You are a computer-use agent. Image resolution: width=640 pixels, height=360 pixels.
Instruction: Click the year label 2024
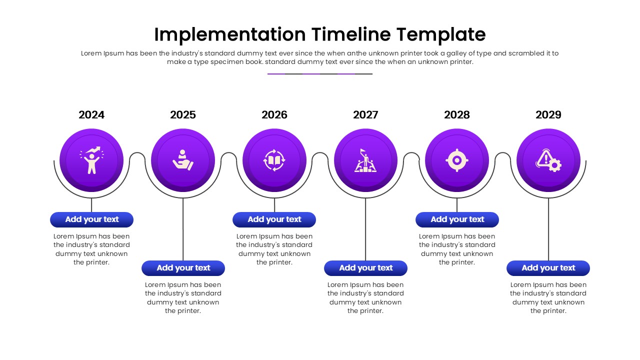coord(91,115)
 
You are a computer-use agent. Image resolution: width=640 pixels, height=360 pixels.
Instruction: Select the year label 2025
coord(183,115)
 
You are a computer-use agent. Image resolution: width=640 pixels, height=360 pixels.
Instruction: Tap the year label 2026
coord(274,115)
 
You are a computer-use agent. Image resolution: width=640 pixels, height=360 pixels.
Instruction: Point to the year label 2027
coord(365,115)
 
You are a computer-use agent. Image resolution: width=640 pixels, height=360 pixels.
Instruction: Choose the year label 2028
coord(457,115)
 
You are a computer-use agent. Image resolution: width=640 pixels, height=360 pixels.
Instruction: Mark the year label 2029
coord(548,115)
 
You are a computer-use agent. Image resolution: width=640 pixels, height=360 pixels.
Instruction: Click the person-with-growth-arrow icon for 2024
coord(91,160)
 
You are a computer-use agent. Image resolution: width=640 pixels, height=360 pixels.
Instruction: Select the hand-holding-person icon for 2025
coord(183,160)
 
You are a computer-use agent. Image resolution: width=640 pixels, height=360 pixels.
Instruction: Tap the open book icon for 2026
coord(274,160)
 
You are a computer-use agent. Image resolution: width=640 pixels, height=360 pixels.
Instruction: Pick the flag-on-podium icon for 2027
coord(365,160)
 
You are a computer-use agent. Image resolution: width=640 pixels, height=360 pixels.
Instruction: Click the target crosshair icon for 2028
coord(457,160)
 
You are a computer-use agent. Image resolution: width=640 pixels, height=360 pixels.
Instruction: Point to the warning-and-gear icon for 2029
coord(548,160)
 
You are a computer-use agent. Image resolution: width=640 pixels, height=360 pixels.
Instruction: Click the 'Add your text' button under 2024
coord(91,219)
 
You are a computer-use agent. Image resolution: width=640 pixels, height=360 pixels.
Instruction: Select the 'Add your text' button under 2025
coord(183,268)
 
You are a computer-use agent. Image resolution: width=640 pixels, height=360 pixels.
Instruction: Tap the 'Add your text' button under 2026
coord(274,219)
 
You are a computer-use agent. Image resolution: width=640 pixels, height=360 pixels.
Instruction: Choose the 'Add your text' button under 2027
coord(365,268)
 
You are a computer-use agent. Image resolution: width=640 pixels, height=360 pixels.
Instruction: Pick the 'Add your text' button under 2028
coord(457,219)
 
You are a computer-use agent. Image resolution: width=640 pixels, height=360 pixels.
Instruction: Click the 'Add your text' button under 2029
coord(548,268)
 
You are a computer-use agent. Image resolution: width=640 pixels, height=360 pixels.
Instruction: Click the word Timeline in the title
coord(351,34)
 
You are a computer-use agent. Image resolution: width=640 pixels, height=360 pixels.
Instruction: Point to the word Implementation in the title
coord(229,34)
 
